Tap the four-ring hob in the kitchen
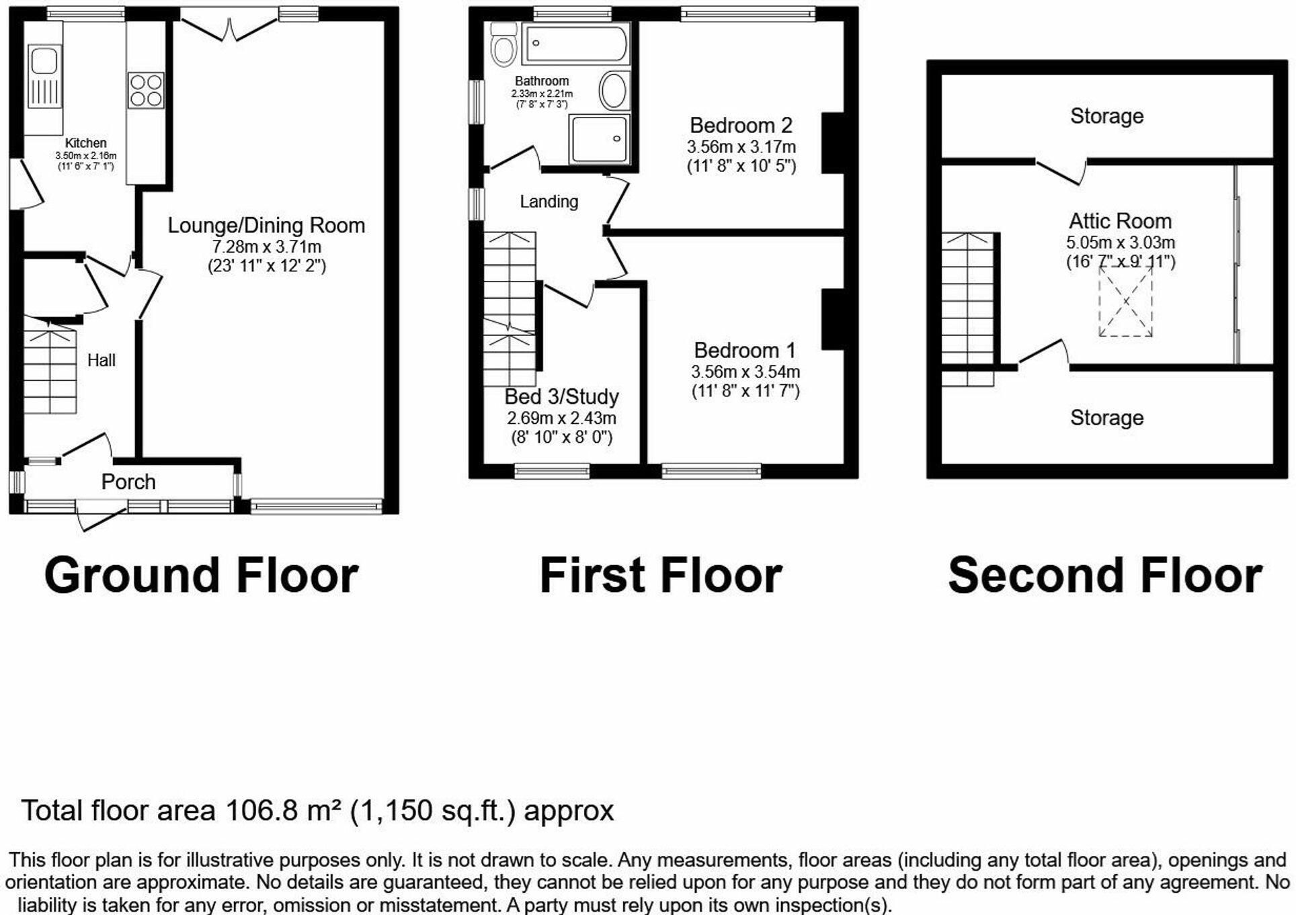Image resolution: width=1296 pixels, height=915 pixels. [146, 91]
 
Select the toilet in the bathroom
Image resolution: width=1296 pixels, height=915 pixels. [503, 44]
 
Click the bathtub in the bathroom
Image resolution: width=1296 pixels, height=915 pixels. [577, 44]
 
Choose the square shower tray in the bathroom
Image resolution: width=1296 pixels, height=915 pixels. [599, 139]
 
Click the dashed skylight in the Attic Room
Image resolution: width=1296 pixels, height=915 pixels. [1125, 301]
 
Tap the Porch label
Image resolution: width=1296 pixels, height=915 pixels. [128, 482]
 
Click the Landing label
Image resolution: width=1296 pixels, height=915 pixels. [549, 202]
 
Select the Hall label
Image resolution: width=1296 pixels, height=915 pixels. [102, 361]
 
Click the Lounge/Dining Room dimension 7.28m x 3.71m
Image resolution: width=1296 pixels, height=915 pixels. [266, 247]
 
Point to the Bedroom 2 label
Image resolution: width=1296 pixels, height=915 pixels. [741, 126]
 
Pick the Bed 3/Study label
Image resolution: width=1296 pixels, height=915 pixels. [561, 397]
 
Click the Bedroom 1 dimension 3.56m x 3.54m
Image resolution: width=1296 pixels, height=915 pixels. [745, 372]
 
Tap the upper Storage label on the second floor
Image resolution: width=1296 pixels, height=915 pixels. [1106, 116]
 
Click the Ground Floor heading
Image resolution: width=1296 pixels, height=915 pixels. [201, 576]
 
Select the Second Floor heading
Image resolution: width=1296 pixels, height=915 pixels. [1104, 576]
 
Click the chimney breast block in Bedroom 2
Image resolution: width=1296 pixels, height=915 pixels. [833, 143]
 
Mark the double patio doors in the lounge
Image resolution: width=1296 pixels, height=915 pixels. [229, 28]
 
